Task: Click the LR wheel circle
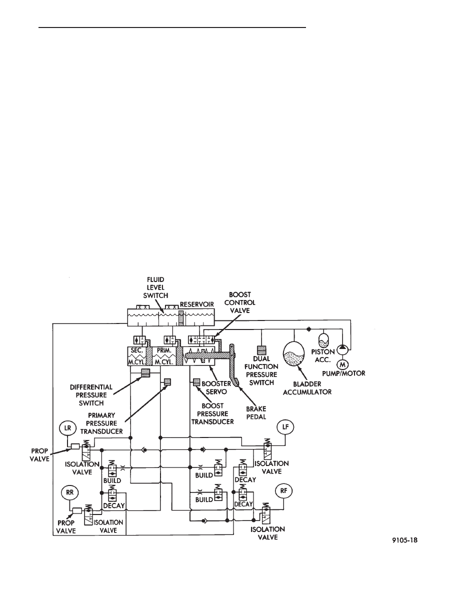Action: click(67, 428)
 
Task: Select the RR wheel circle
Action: click(69, 493)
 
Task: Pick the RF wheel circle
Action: click(283, 491)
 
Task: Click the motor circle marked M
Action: click(342, 364)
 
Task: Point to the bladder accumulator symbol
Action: click(294, 354)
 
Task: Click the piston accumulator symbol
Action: click(323, 340)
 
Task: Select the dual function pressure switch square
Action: click(261, 349)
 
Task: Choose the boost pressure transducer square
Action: click(196, 382)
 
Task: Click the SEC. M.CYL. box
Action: click(136, 355)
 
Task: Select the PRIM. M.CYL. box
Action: click(164, 355)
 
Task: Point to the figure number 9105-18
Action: click(404, 540)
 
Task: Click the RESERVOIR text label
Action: click(196, 304)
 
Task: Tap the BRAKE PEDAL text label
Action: click(256, 413)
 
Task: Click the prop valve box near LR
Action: click(75, 446)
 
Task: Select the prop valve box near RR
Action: click(77, 510)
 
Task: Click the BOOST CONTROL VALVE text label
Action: click(239, 302)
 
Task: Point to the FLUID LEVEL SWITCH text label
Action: click(155, 287)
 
